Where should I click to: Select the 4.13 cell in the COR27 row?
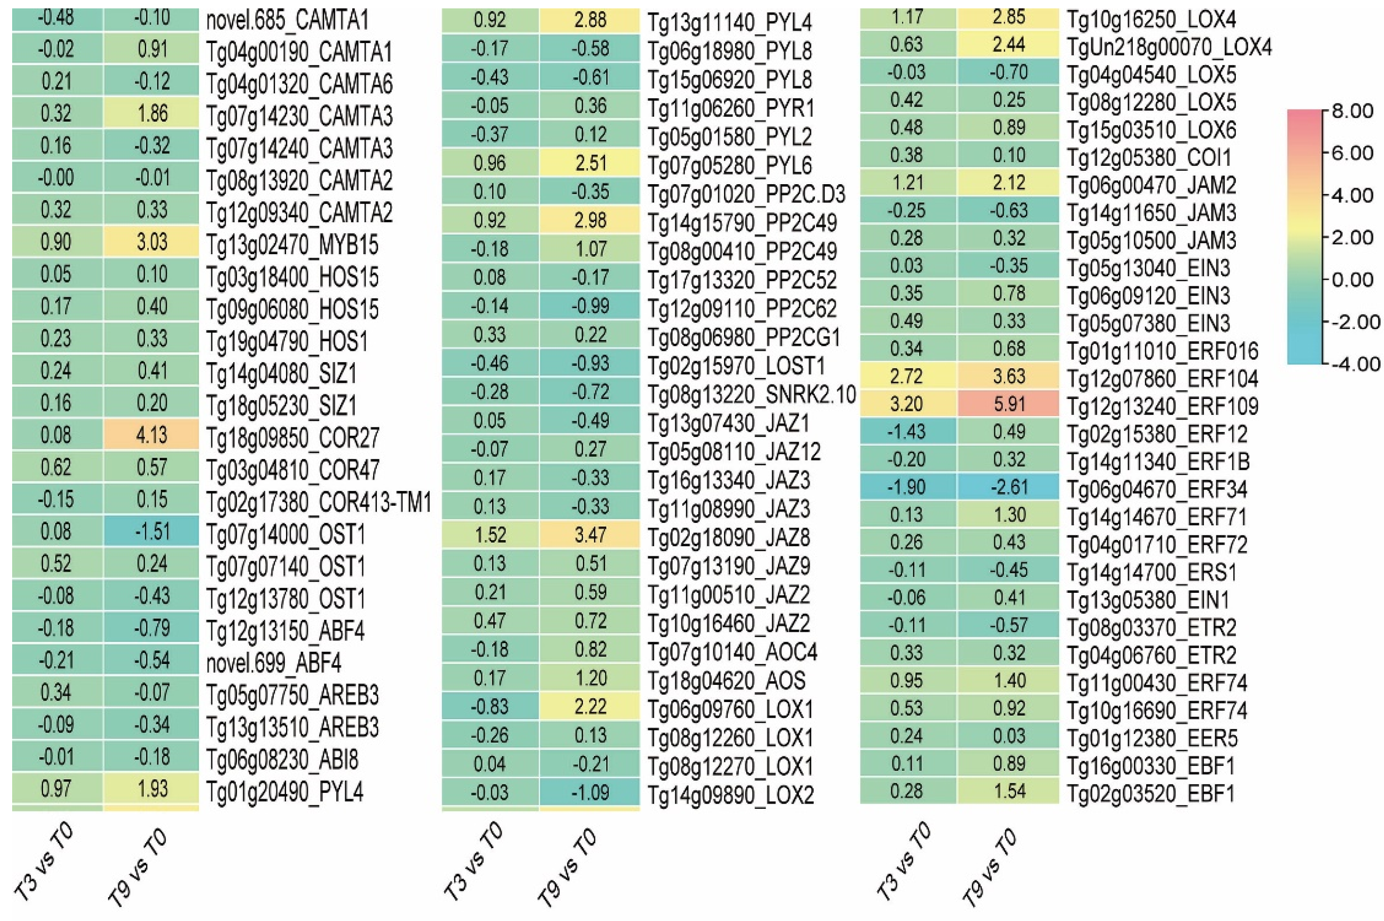[152, 435]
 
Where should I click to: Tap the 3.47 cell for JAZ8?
[590, 535]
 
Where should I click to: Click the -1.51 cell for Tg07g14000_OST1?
[152, 532]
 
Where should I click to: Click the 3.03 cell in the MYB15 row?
[152, 242]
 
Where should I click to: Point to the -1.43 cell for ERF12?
[907, 432]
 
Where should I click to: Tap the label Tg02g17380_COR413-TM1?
[318, 502]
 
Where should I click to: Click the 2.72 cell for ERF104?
[907, 376]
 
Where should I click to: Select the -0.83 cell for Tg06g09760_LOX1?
[490, 707]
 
